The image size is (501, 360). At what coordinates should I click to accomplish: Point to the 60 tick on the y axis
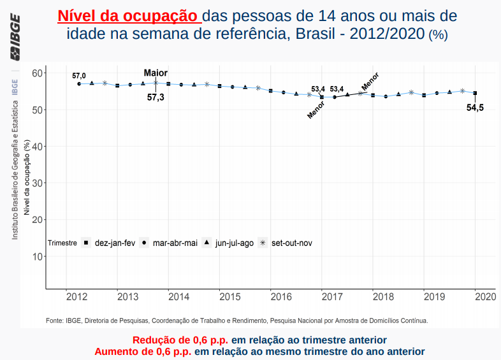pos(36,73)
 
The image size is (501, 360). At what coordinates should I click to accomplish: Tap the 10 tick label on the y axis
pos(36,257)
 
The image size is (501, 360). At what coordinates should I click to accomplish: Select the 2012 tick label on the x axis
pos(76,297)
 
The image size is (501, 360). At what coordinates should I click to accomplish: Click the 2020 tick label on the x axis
pos(485,297)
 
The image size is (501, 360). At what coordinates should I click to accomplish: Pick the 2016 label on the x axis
pos(280,297)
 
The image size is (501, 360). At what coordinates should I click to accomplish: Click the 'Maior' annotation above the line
pos(156,73)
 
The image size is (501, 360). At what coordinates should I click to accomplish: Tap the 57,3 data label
pos(156,97)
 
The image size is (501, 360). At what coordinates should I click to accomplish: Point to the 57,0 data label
pos(79,75)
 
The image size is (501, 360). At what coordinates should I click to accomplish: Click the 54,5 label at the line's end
pos(475,108)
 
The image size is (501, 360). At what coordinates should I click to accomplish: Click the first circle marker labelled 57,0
pos(79,83)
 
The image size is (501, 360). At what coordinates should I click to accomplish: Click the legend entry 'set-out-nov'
pos(291,243)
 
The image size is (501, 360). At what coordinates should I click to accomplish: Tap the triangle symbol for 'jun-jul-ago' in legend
pos(207,243)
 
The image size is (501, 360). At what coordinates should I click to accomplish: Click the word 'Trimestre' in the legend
pos(62,243)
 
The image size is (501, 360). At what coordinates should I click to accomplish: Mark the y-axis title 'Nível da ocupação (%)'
pos(27,178)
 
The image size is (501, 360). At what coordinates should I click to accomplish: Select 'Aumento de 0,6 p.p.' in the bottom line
pos(143,351)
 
